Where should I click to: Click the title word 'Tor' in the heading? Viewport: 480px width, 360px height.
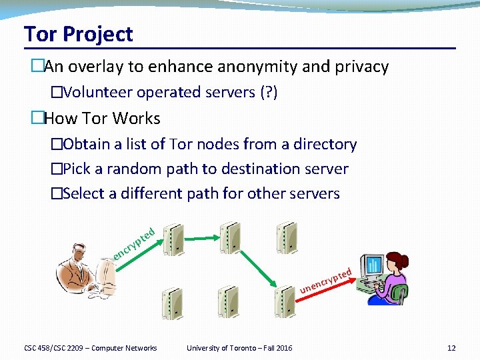click(39, 34)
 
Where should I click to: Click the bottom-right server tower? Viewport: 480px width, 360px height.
click(285, 302)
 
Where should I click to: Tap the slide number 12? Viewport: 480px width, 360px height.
click(451, 348)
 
